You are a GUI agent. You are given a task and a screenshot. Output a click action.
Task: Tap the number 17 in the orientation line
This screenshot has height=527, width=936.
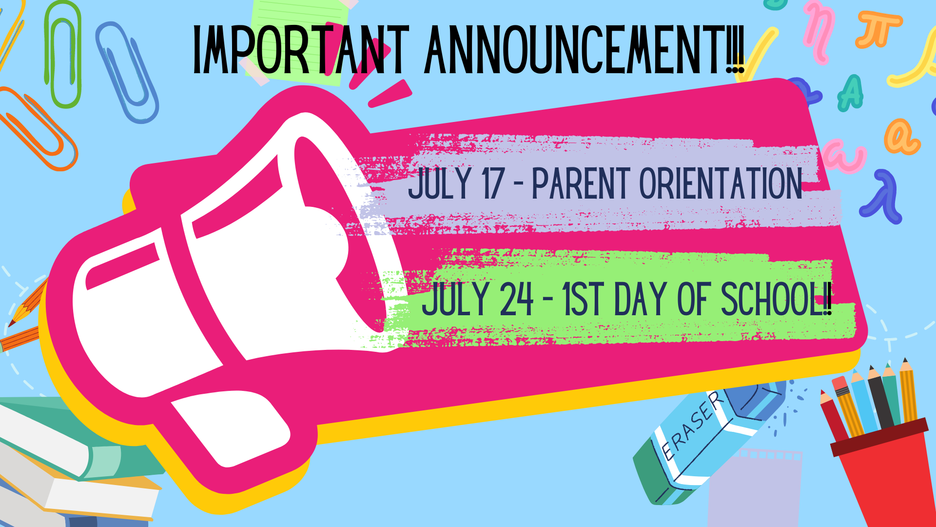(x=493, y=183)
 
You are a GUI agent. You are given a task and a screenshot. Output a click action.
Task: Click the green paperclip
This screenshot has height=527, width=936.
(x=63, y=54)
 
